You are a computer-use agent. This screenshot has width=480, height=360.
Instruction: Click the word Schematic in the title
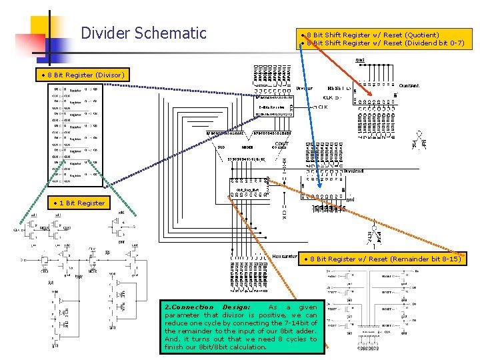[x=171, y=33]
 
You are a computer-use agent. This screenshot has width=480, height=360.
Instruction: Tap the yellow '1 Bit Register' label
[x=81, y=203]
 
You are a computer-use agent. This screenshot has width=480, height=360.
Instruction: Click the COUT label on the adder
[x=281, y=143]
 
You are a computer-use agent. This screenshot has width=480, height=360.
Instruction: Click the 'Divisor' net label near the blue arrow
[x=304, y=88]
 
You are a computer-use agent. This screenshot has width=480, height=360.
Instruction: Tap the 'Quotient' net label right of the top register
[x=409, y=86]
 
